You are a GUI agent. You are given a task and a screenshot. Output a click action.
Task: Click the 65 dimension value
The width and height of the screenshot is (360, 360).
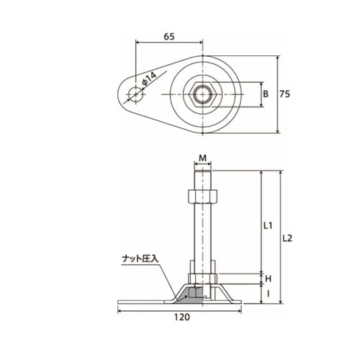pyautogui.click(x=169, y=37)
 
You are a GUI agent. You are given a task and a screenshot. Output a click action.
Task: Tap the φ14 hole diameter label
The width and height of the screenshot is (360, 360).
pyautogui.click(x=149, y=78)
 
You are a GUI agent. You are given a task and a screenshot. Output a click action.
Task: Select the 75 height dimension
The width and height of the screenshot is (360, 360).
pyautogui.click(x=285, y=94)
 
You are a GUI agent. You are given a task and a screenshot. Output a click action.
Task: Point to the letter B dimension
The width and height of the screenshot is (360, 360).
pyautogui.click(x=266, y=94)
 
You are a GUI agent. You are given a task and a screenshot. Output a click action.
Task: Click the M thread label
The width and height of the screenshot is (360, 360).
pyautogui.click(x=203, y=158)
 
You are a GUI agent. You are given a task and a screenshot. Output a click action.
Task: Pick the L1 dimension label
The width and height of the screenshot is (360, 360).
pyautogui.click(x=268, y=225)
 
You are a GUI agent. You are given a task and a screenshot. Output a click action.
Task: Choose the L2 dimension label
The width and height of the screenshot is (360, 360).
pyautogui.click(x=287, y=238)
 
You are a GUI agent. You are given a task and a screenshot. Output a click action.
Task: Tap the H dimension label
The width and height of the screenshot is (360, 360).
pyautogui.click(x=268, y=279)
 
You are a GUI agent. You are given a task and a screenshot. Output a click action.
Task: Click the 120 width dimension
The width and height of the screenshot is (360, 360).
pyautogui.click(x=182, y=317)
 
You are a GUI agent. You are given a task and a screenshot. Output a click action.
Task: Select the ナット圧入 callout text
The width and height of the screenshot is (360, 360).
pyautogui.click(x=140, y=258)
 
